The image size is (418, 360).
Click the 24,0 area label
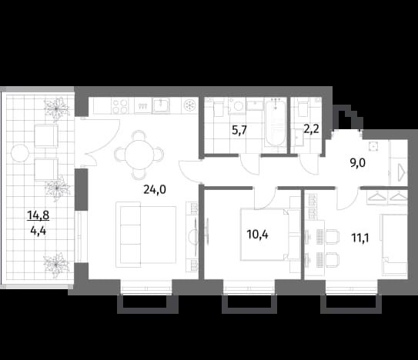point(155,189)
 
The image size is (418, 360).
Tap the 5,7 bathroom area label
point(239,131)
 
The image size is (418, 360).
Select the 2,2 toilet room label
point(311,130)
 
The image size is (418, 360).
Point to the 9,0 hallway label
point(357,162)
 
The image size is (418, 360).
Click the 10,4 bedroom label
point(258,235)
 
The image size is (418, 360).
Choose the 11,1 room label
point(360,238)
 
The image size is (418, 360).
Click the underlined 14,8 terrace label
point(38,215)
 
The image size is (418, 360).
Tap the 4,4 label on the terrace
point(38,231)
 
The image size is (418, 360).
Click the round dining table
point(139,154)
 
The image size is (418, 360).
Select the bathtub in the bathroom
point(276,122)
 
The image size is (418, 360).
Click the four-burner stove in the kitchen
point(120,106)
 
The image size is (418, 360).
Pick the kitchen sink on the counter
point(161,105)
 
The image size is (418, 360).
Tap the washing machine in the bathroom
point(237,106)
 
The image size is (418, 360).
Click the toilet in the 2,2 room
point(303,108)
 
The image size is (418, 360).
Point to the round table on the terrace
point(20,153)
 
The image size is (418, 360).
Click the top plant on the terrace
point(56,108)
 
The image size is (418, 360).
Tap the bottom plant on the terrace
point(56,265)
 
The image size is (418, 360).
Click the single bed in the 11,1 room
point(393,245)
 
